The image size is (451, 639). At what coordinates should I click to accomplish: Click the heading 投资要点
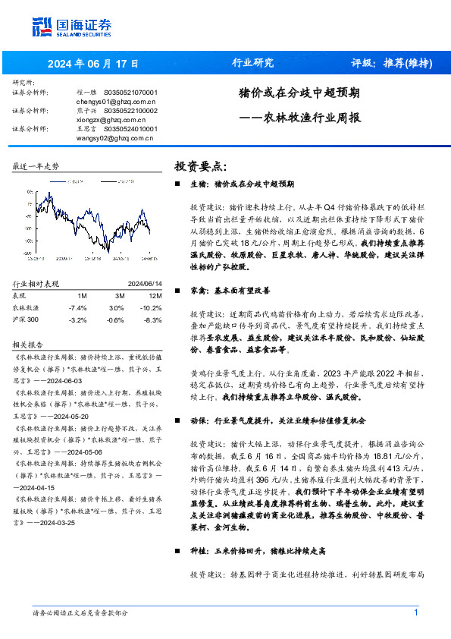201,166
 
